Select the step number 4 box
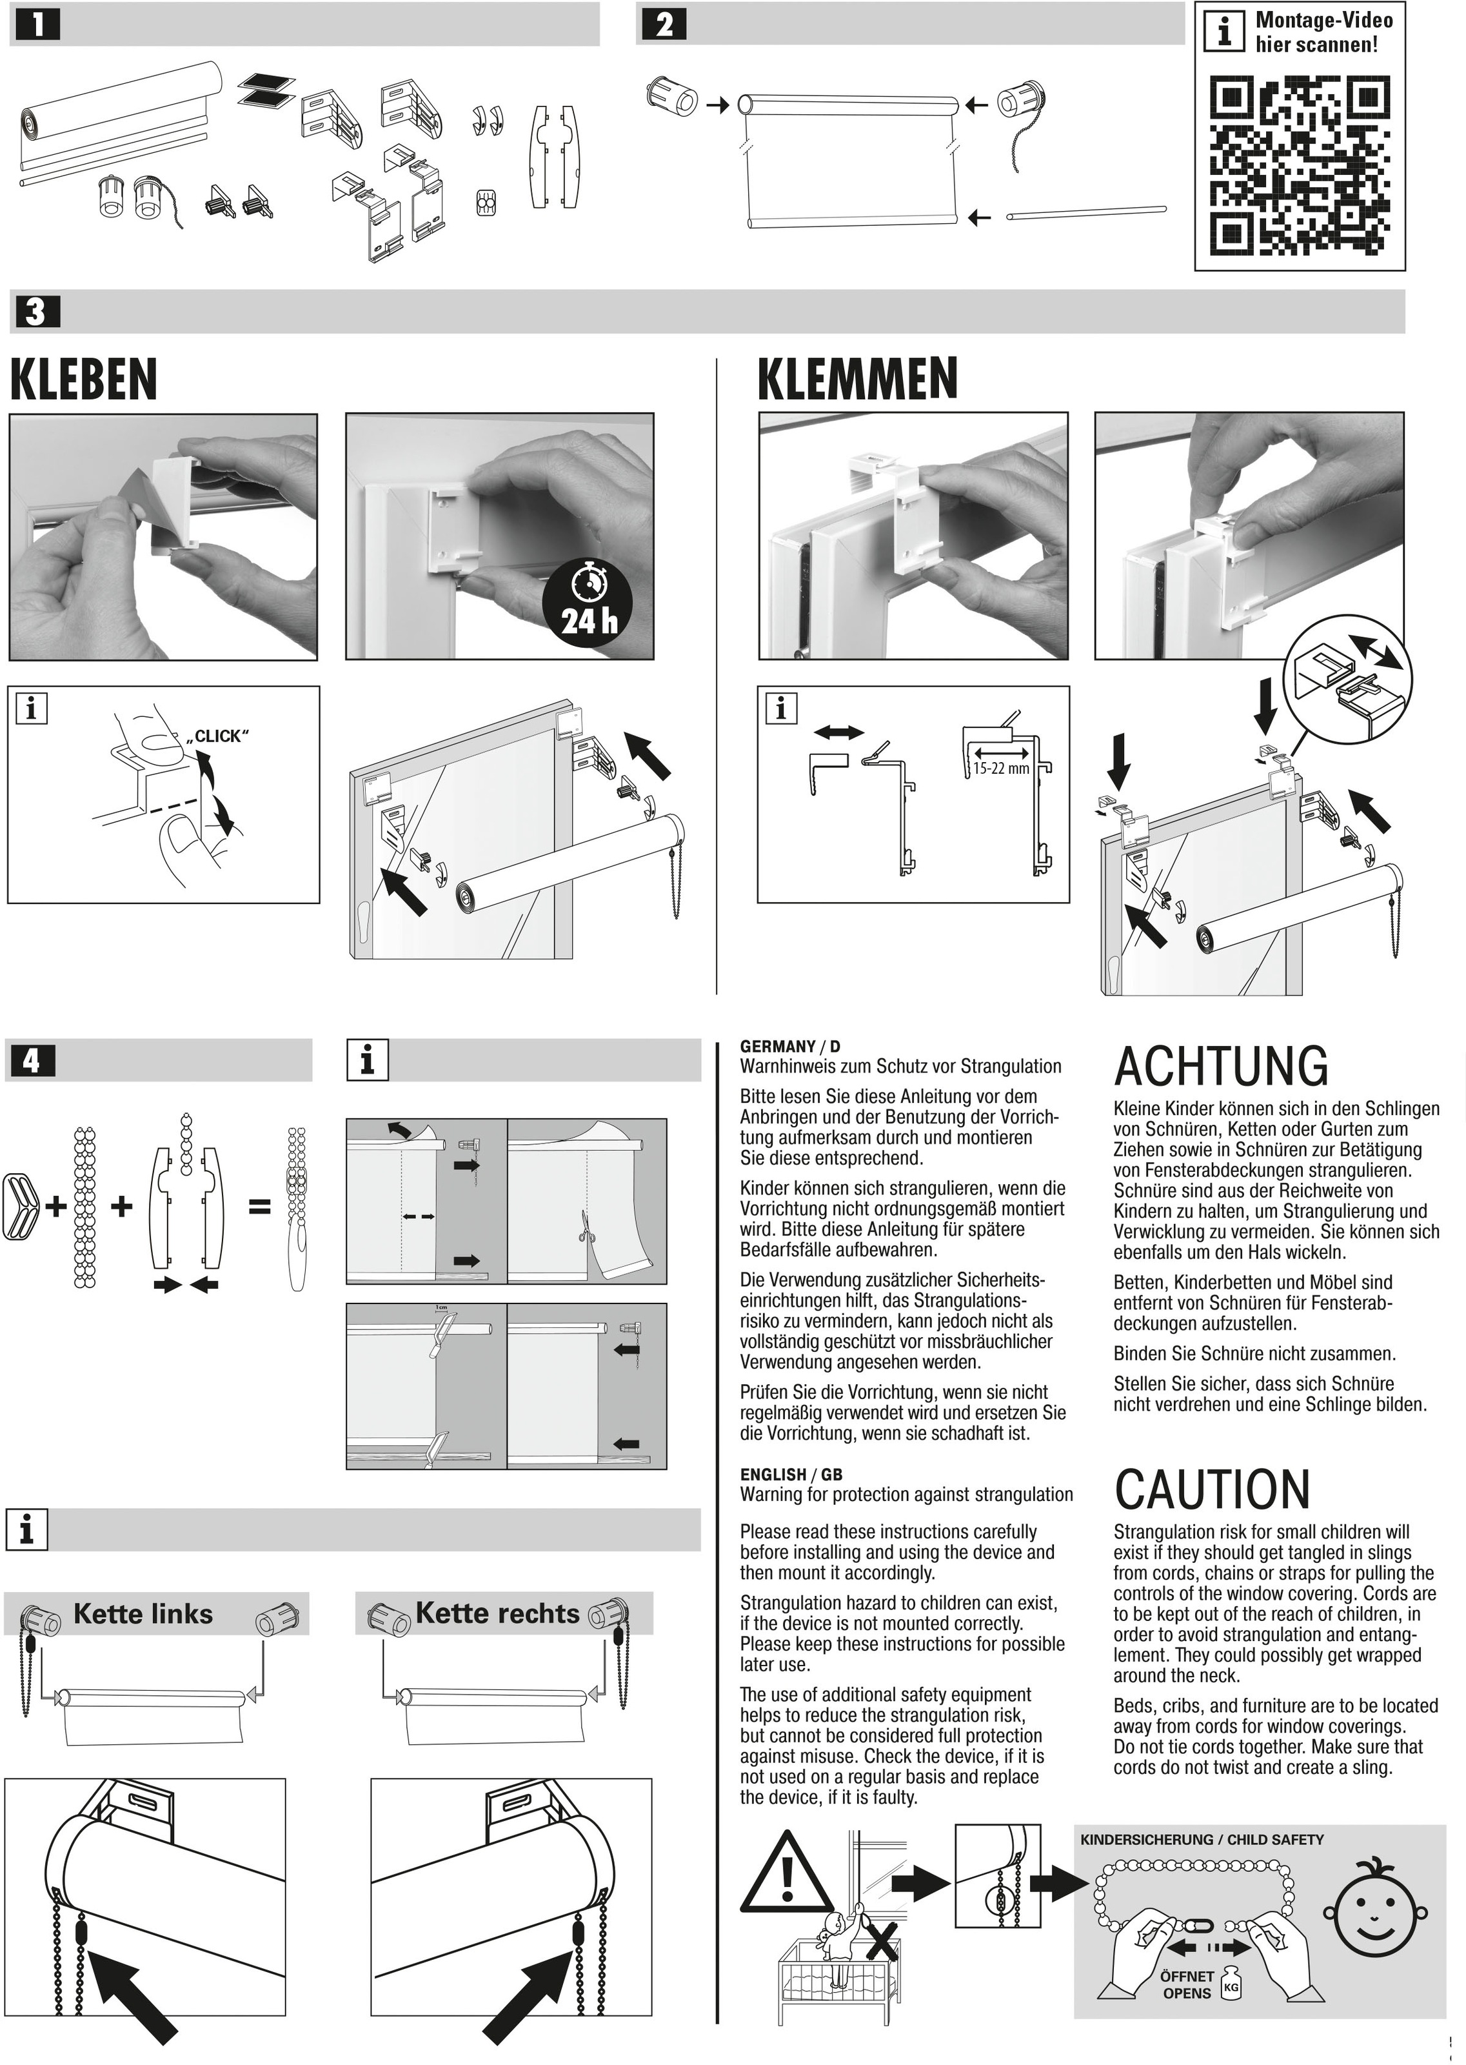click(32, 1061)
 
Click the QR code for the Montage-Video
click(1299, 165)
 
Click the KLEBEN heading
click(84, 379)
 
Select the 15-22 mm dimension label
click(1000, 769)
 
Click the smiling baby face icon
click(1376, 1913)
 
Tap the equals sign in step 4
click(260, 1205)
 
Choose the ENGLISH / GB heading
click(791, 1475)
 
